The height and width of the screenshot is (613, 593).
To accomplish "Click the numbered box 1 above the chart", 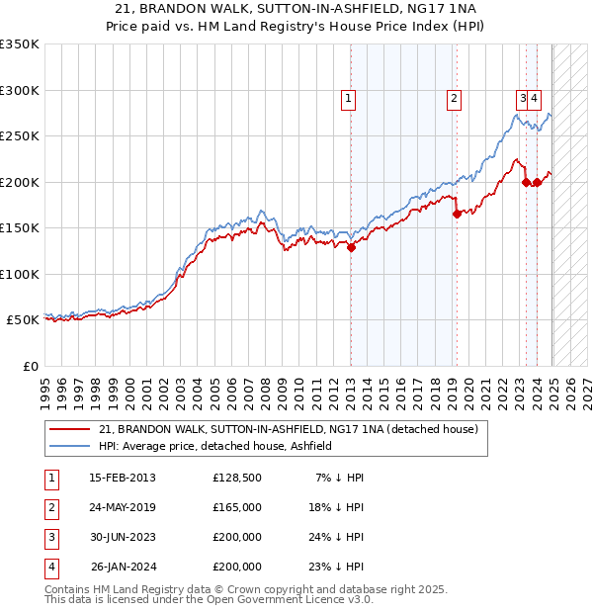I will coord(350,98).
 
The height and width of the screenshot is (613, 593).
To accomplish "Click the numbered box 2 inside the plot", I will coord(454,98).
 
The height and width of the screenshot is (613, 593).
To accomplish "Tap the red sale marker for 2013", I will coord(351,248).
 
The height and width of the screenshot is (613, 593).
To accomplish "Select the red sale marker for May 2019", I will coord(457,214).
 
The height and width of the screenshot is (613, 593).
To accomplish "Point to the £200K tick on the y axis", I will coord(20,182).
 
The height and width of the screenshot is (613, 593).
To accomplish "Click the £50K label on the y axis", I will coord(22,320).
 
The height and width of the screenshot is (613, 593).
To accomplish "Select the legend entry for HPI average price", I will coord(214,446).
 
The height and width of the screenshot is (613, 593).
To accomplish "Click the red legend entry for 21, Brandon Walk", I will coord(288,429).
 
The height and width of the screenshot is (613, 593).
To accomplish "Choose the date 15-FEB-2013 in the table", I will coord(123,478).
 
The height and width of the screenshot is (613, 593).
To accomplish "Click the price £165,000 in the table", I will coord(237,507).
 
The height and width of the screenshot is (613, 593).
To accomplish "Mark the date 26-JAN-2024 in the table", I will coord(123,567).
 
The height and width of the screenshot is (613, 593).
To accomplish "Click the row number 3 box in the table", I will coord(48,537).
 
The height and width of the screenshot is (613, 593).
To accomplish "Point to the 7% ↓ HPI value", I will coord(341,478).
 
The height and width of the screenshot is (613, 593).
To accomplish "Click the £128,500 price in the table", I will coord(237,478).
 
